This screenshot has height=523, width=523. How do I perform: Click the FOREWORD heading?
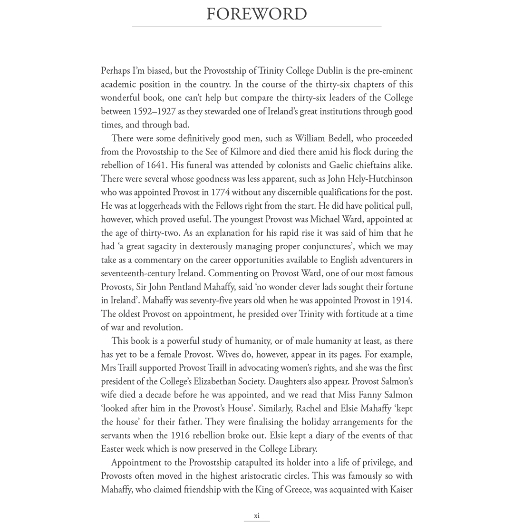(257, 14)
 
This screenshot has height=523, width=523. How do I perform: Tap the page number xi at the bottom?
(257, 515)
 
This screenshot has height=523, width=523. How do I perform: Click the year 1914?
(402, 300)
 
